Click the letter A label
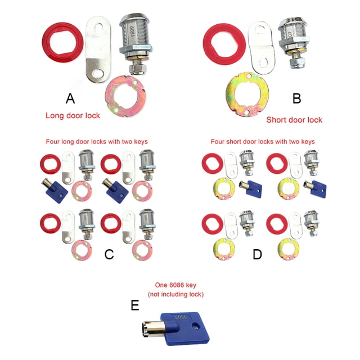70,98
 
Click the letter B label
296,98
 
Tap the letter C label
109,254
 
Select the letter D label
257,254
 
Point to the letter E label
135,305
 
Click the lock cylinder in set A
136,44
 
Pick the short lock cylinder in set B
293,44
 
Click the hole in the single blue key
195,325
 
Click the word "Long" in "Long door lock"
53,115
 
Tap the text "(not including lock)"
175,294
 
